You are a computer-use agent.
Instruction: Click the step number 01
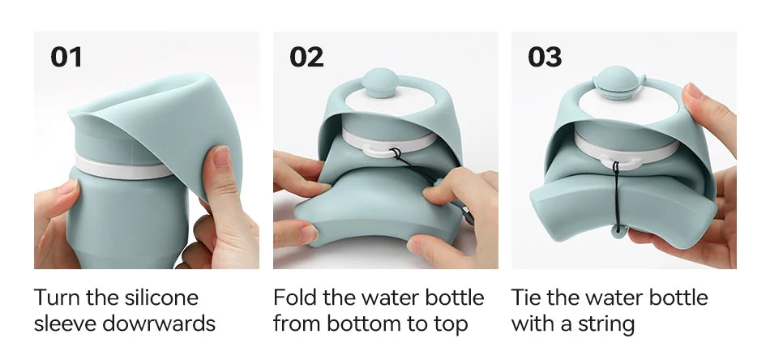click(66, 57)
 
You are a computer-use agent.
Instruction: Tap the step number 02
click(306, 57)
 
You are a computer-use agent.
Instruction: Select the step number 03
click(545, 57)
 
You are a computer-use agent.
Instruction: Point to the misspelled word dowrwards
click(159, 324)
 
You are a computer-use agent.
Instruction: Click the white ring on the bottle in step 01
click(122, 168)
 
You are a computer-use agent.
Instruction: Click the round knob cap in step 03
click(618, 83)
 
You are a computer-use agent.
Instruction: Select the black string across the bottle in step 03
click(616, 196)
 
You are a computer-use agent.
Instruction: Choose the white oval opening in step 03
click(629, 106)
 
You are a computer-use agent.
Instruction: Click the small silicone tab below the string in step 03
click(618, 230)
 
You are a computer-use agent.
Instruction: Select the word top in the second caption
click(451, 325)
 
